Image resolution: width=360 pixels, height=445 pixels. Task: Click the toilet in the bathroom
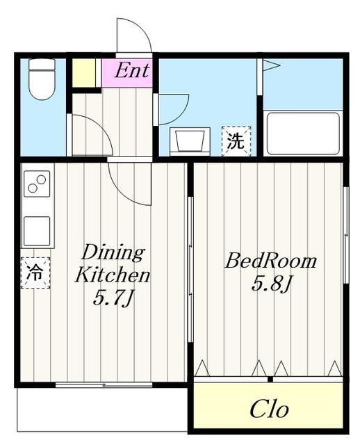click(42, 80)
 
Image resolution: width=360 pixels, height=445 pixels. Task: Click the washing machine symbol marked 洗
click(236, 142)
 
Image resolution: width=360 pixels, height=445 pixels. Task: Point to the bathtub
click(303, 133)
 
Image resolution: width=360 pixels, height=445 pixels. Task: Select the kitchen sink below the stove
click(37, 229)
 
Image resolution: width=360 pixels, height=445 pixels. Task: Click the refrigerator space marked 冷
click(34, 273)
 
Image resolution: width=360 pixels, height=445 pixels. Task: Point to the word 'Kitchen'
click(113, 275)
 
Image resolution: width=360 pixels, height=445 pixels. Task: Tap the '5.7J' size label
click(113, 299)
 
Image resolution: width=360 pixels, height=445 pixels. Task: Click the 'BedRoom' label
click(270, 262)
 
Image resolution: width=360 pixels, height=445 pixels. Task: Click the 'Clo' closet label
click(269, 409)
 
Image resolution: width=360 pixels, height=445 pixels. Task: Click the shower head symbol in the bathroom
click(269, 66)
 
